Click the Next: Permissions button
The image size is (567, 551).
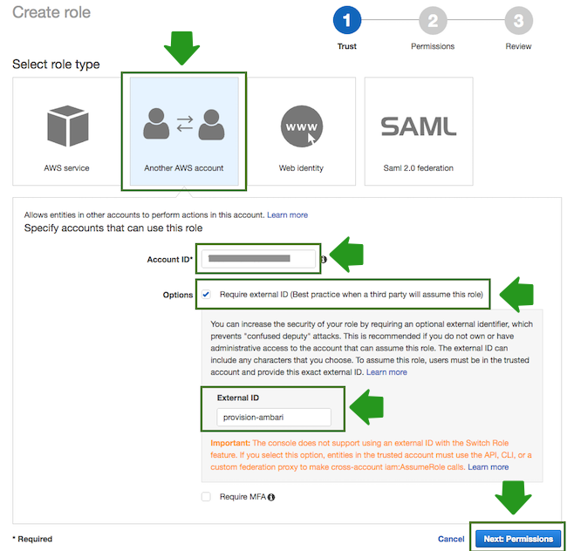click(518, 539)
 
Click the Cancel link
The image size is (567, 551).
click(451, 539)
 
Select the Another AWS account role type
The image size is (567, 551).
click(183, 131)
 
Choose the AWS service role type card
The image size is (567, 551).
click(66, 131)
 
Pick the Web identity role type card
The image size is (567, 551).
click(301, 131)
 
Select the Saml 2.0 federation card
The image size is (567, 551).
click(418, 131)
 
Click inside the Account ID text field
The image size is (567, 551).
click(258, 259)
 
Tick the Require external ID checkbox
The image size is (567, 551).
click(206, 295)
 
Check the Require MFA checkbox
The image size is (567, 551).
click(206, 497)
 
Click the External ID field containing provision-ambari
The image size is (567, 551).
click(273, 418)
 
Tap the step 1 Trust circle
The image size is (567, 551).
click(346, 21)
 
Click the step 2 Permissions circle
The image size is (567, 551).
click(432, 21)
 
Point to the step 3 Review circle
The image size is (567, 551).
click(518, 21)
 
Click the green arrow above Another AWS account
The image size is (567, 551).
click(183, 47)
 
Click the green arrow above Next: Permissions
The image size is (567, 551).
click(514, 498)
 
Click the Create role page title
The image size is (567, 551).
click(51, 12)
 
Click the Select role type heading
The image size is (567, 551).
click(56, 65)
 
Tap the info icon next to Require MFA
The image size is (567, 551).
click(271, 497)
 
